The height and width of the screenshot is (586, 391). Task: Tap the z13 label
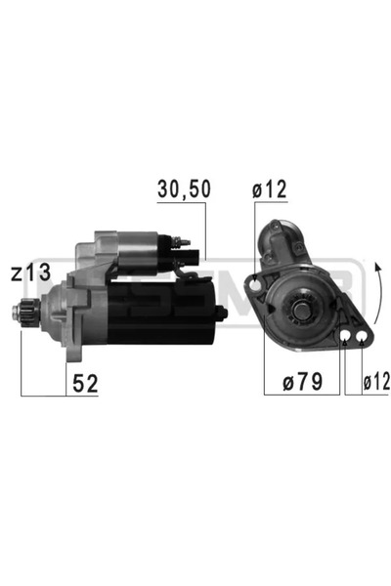click(x=30, y=274)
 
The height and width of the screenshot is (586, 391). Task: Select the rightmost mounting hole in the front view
click(x=363, y=339)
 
